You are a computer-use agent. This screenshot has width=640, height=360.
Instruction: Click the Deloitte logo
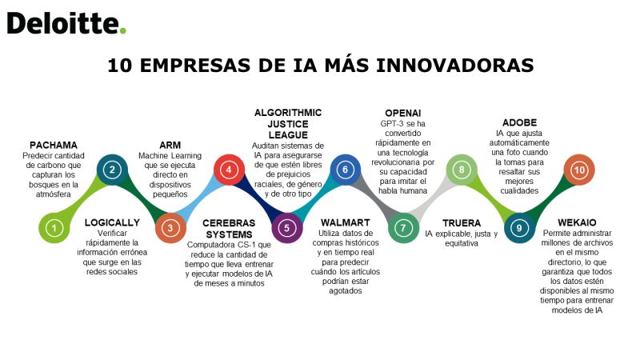coord(66,23)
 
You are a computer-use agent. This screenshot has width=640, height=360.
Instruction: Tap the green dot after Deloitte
coord(123,30)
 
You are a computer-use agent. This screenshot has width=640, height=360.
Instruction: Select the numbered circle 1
coord(54,228)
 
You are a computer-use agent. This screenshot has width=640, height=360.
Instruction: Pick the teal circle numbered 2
coord(112,170)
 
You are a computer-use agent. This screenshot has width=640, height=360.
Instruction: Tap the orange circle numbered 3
coord(170,228)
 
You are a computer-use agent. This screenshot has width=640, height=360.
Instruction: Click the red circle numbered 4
coord(229,170)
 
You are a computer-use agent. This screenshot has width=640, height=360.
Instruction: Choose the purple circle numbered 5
coord(287,228)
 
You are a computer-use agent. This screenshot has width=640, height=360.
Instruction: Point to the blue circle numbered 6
coord(346,170)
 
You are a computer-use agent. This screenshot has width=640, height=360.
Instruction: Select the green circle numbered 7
coord(403,228)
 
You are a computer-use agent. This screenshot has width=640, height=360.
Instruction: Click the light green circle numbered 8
coord(462,170)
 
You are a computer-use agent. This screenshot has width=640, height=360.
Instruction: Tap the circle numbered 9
coord(519,228)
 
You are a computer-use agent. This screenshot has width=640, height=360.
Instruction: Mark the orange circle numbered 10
coord(579,170)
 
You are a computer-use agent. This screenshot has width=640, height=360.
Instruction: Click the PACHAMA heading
coord(54,146)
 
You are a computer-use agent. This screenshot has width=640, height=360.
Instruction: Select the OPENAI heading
coord(403,113)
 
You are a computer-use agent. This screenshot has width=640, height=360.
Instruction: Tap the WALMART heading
coord(346,223)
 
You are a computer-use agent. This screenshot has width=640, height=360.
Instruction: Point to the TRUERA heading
coord(462,223)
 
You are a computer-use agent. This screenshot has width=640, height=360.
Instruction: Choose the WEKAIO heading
coord(577,223)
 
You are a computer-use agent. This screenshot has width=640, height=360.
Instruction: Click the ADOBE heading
coord(519,123)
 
